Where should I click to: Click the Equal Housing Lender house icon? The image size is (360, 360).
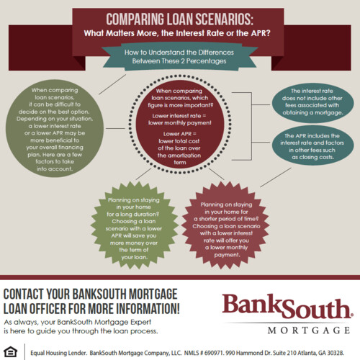[11, 352]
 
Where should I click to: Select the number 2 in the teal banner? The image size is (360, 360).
[183, 61]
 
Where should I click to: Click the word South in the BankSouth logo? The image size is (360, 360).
[316, 307]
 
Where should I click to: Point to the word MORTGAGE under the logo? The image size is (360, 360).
[309, 330]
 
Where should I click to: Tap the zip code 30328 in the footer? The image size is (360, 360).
[336, 353]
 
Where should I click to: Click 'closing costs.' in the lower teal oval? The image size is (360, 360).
[312, 157]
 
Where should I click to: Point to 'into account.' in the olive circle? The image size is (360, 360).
[55, 169]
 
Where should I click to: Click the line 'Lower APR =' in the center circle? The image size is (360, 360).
[180, 134]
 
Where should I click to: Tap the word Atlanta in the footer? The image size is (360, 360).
[307, 353]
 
